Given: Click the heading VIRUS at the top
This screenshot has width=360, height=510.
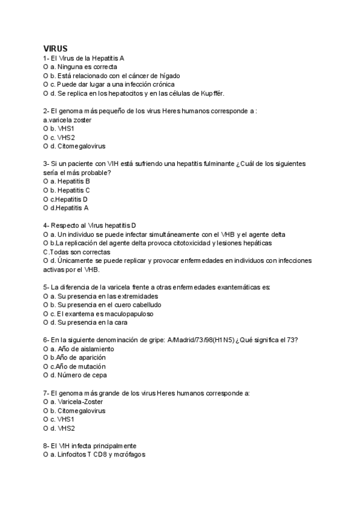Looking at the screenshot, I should click(x=55, y=48).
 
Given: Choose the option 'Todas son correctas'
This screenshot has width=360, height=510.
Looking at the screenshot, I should click(x=76, y=252).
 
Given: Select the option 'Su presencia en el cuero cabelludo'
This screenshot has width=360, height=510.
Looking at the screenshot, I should click(x=102, y=305).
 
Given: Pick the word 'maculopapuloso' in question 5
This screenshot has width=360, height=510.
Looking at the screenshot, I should click(x=126, y=314).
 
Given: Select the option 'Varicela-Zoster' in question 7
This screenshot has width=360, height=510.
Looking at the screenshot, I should click(x=78, y=402).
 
